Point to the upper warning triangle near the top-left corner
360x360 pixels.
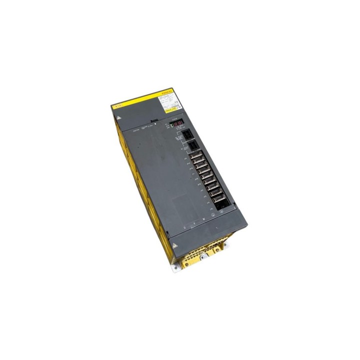click(x=118, y=115)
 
